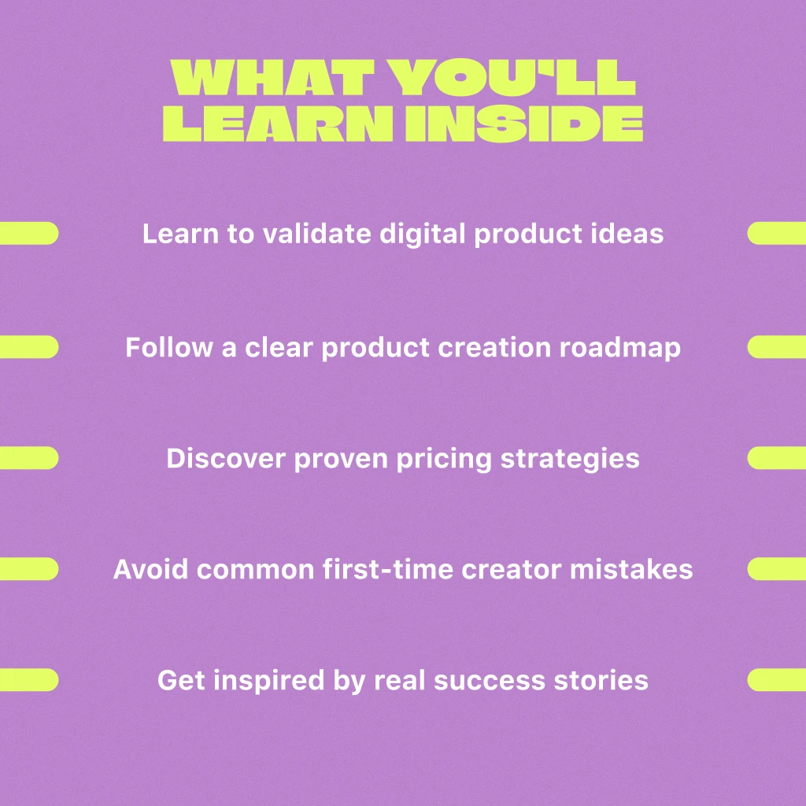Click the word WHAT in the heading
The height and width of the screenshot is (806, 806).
tap(273, 77)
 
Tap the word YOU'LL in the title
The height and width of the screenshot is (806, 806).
tap(512, 77)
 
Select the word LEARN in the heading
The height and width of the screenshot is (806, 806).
tap(278, 124)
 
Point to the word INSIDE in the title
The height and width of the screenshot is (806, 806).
tap(524, 124)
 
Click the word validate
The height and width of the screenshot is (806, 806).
tap(316, 233)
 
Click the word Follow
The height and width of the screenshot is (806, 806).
tap(169, 347)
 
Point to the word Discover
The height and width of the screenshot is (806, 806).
tap(226, 458)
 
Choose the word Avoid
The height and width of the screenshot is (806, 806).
tap(150, 569)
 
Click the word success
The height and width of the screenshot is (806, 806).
tap(490, 681)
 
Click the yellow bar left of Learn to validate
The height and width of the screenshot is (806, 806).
tap(29, 233)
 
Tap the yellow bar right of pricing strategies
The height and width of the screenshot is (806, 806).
tap(777, 458)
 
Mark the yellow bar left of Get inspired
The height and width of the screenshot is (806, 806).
tap(29, 680)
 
